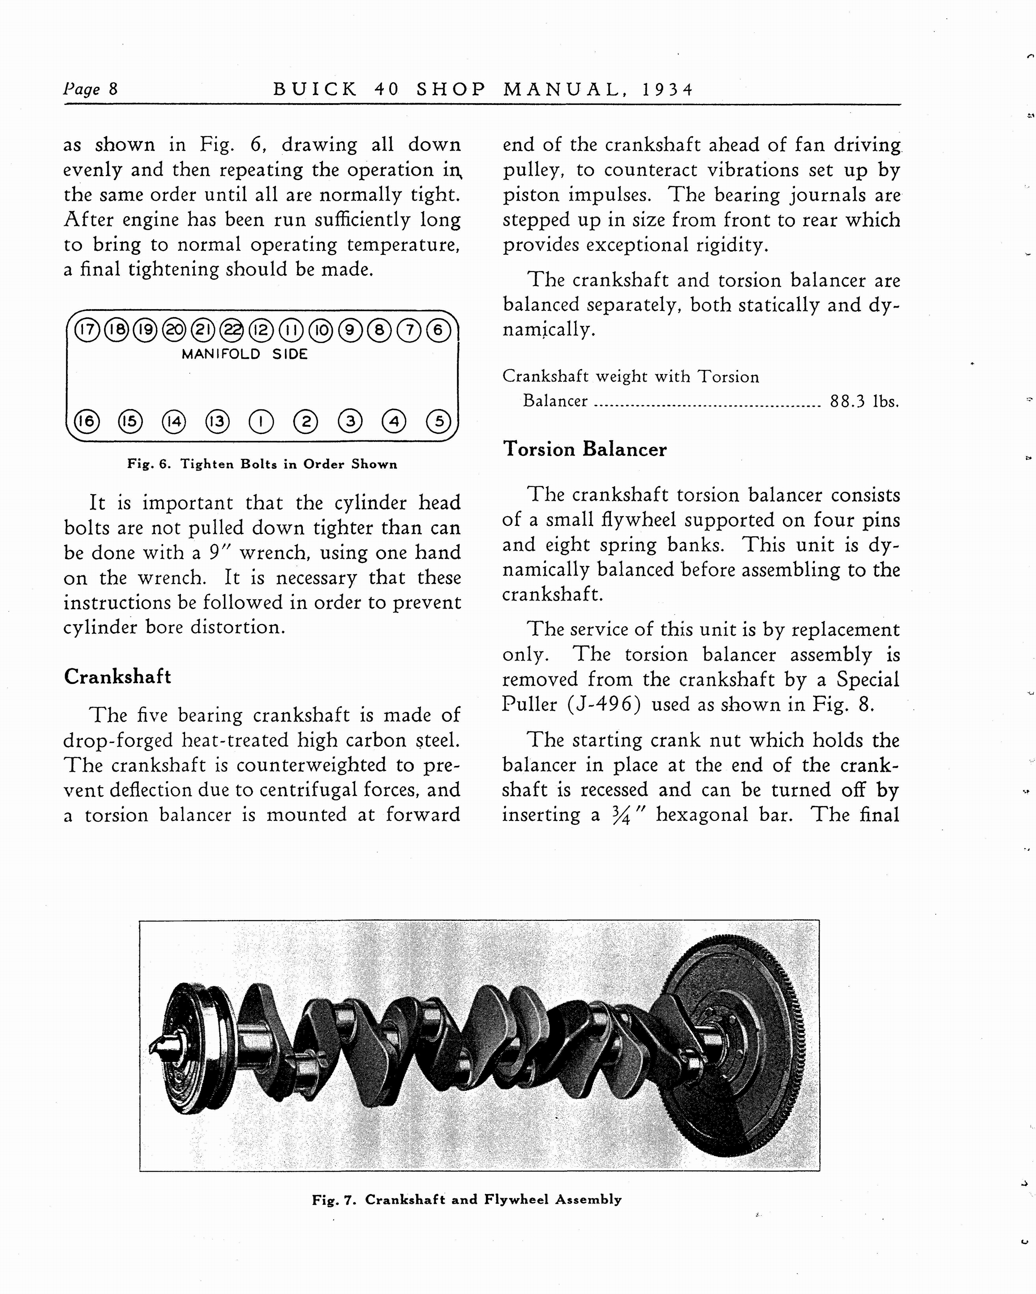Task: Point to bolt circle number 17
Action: tap(87, 330)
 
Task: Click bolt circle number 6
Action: tap(438, 330)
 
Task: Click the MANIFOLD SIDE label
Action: tap(245, 354)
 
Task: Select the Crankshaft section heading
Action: tap(118, 676)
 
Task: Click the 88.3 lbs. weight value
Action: tap(864, 401)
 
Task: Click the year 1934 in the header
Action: tap(667, 90)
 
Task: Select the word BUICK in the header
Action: tap(315, 90)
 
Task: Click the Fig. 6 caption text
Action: tap(262, 464)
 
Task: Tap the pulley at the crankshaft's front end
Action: tap(192, 1047)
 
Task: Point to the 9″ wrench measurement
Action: tap(217, 552)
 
